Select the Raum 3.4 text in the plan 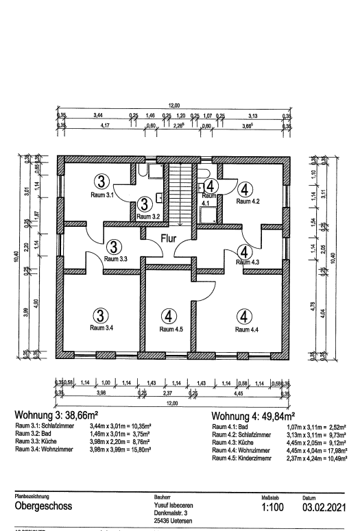tap(101, 328)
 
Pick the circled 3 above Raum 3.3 tap(114, 246)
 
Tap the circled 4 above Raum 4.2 tap(245, 188)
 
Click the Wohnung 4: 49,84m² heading tap(253, 417)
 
